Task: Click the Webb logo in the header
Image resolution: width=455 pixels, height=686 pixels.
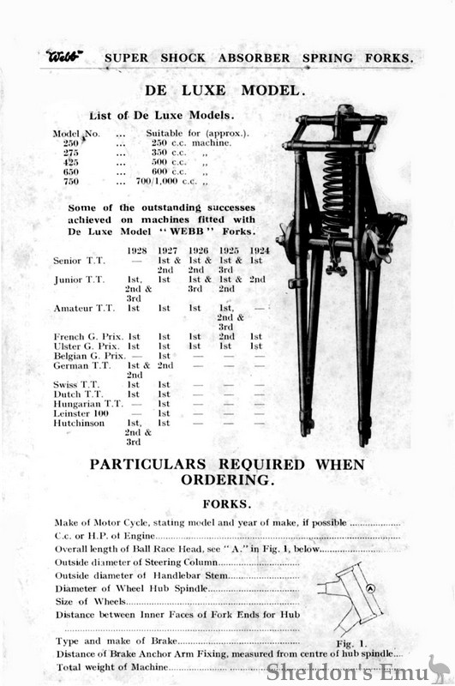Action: pyautogui.click(x=65, y=57)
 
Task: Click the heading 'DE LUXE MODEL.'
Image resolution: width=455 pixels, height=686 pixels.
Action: pyautogui.click(x=227, y=89)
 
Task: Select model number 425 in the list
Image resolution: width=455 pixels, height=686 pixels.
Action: pyautogui.click(x=71, y=161)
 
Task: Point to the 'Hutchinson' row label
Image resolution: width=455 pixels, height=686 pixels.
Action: pyautogui.click(x=81, y=423)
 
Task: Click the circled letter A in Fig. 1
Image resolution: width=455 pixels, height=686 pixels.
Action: pyautogui.click(x=370, y=588)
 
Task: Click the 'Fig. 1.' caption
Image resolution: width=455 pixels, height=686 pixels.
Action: pyautogui.click(x=351, y=642)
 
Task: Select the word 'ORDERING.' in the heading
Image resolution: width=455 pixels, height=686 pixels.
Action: pyautogui.click(x=227, y=479)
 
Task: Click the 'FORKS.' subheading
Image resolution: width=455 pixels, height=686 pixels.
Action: pyautogui.click(x=226, y=504)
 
